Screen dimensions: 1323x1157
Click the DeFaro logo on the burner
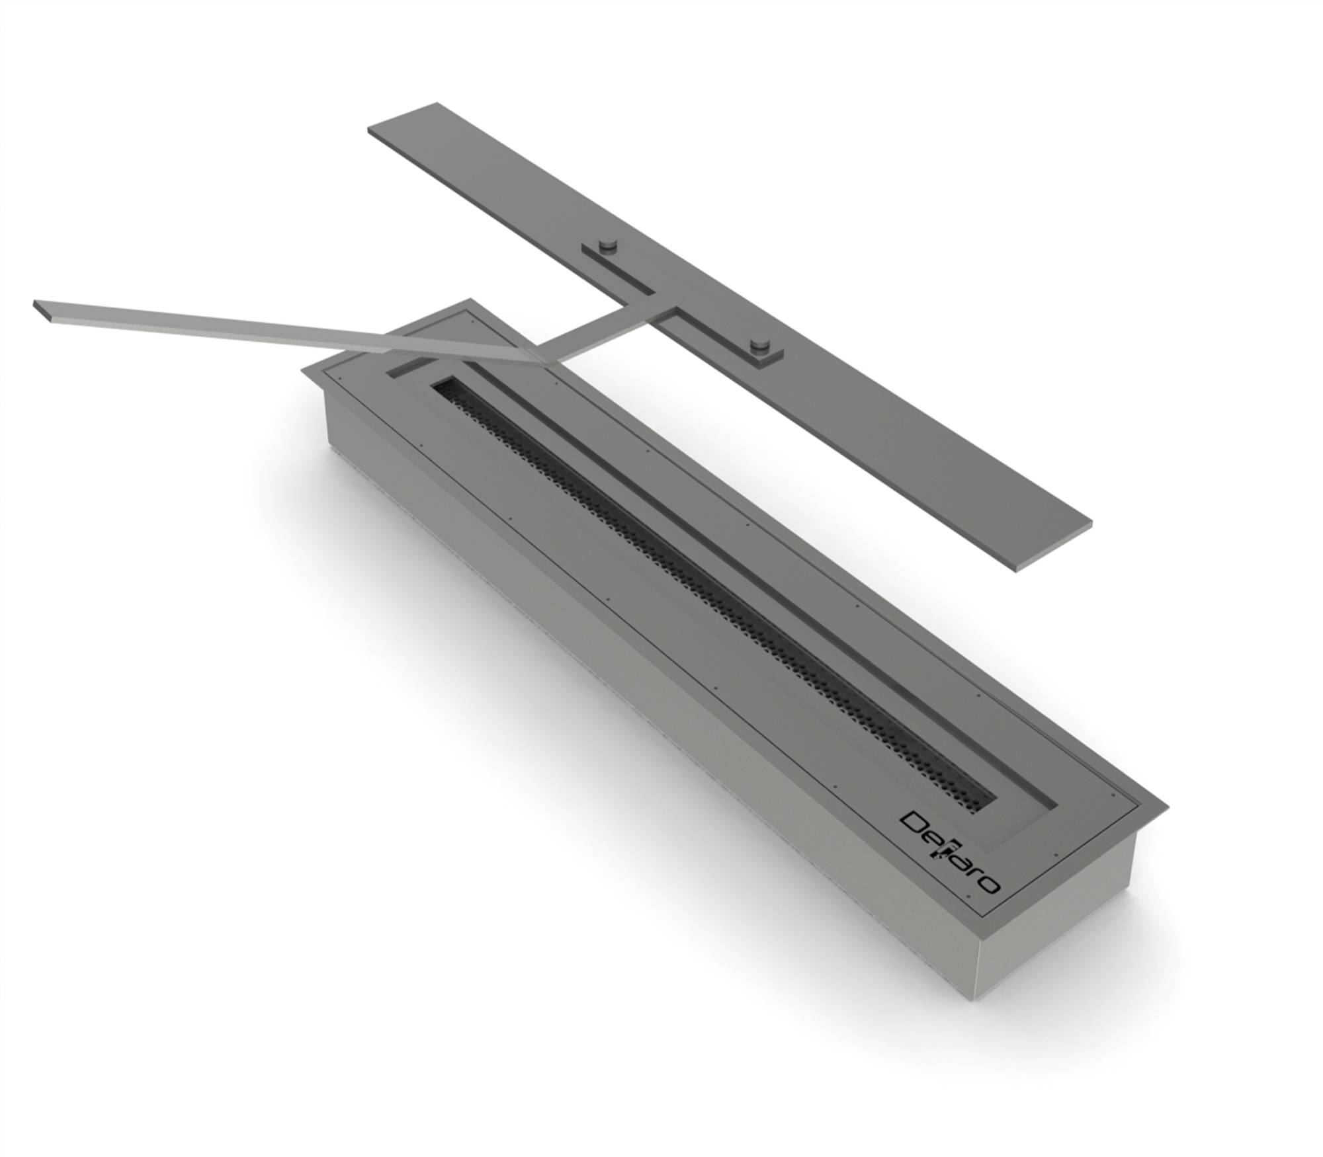click(950, 853)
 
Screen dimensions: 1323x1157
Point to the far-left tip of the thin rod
click(34, 304)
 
